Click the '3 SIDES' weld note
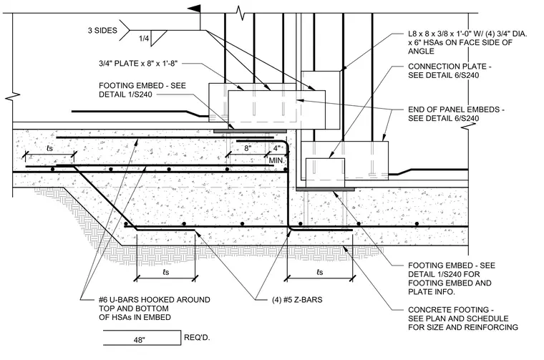[x=102, y=31]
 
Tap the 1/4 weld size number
[x=144, y=38]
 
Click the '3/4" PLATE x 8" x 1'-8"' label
[x=138, y=64]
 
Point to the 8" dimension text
[x=248, y=148]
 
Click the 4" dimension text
[x=276, y=148]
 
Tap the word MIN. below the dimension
[x=276, y=160]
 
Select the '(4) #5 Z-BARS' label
[x=297, y=300]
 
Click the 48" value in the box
[x=139, y=340]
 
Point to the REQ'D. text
[x=197, y=338]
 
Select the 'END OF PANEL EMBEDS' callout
[x=456, y=110]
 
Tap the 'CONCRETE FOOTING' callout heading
[x=451, y=310]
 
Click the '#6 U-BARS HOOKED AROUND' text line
[x=155, y=300]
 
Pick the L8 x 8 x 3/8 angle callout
[x=467, y=42]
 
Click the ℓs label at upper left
[x=49, y=148]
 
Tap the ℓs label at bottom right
[x=320, y=272]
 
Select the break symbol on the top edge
[x=241, y=13]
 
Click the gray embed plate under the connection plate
[x=326, y=190]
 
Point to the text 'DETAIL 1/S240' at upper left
[x=125, y=94]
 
